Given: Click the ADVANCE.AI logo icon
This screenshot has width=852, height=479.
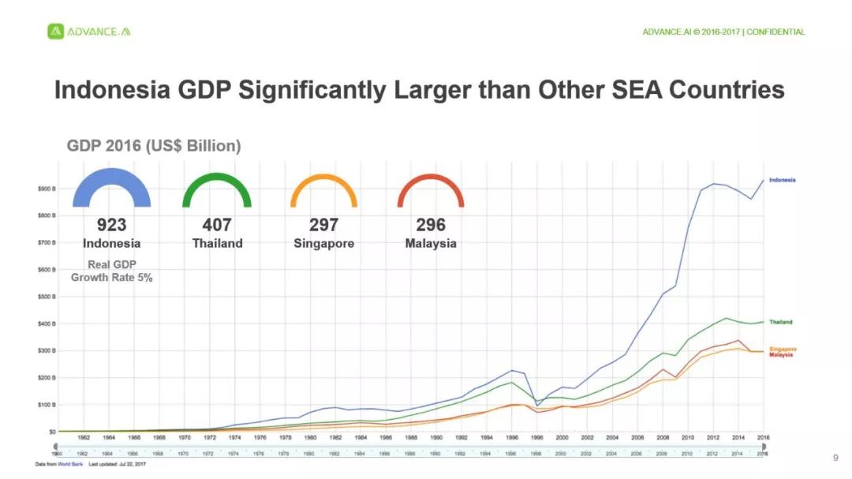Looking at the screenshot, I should click(x=55, y=32).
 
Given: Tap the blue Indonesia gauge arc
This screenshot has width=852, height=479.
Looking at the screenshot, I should click(x=111, y=174).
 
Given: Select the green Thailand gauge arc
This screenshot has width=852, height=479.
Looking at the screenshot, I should click(x=216, y=178).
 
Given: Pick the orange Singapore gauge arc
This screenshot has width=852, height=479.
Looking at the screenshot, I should click(x=323, y=178).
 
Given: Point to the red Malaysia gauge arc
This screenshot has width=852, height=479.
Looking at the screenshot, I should click(x=431, y=178).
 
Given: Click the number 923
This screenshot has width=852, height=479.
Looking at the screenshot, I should click(x=111, y=225).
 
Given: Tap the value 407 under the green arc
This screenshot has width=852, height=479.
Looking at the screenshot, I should click(x=217, y=225).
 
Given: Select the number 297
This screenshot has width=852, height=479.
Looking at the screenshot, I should click(x=323, y=225).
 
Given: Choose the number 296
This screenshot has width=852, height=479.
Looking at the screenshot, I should click(x=431, y=225).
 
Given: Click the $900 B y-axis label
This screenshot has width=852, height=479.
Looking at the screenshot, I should click(x=45, y=189).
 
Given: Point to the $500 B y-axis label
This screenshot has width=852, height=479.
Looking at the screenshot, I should click(x=45, y=297).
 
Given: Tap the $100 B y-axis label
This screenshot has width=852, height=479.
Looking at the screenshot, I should click(x=45, y=405).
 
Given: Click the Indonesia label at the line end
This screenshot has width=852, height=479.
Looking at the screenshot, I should click(x=782, y=180).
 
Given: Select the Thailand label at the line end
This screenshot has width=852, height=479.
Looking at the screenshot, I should click(x=781, y=322).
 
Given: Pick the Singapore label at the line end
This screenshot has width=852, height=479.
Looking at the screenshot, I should click(x=783, y=349).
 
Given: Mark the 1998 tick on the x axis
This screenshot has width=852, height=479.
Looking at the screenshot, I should click(x=536, y=437).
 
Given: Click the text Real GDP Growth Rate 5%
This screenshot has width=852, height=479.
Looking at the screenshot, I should click(x=111, y=271).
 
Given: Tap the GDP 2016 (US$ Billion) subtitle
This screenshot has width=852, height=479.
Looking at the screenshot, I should click(x=152, y=146).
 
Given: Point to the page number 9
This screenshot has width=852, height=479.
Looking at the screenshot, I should click(x=835, y=458).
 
